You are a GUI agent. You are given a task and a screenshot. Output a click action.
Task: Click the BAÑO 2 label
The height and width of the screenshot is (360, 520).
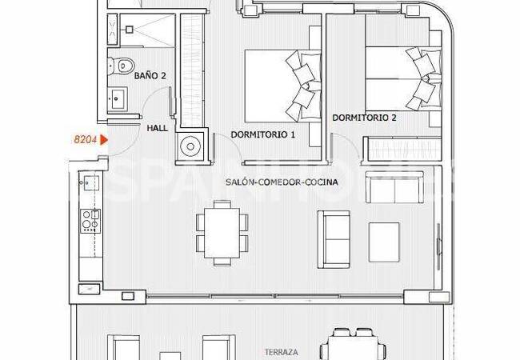click(150, 76)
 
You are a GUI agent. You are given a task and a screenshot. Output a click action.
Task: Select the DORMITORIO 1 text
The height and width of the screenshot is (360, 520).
click(263, 135)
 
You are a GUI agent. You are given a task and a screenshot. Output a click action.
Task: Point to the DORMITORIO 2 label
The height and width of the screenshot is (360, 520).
click(364, 118)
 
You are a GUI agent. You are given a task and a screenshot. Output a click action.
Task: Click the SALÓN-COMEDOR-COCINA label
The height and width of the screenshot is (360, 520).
click(282, 182)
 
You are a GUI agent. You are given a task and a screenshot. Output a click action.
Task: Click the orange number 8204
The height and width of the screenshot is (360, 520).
click(84, 139)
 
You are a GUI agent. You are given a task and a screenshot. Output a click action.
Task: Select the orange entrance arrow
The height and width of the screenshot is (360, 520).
click(103, 139)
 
